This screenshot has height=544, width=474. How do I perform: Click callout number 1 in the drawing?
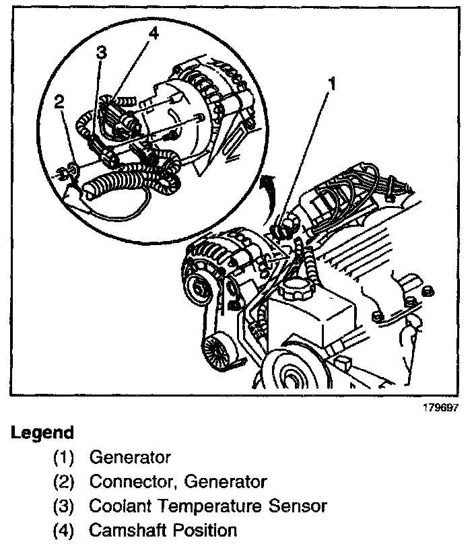[x=331, y=84]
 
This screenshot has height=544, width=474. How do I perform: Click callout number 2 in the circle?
[x=59, y=102]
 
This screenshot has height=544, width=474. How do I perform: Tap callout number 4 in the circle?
[x=154, y=33]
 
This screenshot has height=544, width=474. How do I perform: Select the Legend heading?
[x=42, y=432]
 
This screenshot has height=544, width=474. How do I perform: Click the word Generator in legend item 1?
[x=130, y=458]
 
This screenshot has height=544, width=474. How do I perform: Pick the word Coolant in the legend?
[x=118, y=506]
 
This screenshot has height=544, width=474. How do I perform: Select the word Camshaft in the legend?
[x=127, y=531]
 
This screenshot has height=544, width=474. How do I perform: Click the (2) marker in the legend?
[x=65, y=482]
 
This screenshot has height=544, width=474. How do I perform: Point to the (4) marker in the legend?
[x=65, y=531]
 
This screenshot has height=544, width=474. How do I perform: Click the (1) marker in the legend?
[x=65, y=458]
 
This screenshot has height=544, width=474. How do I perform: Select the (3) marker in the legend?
[x=65, y=506]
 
